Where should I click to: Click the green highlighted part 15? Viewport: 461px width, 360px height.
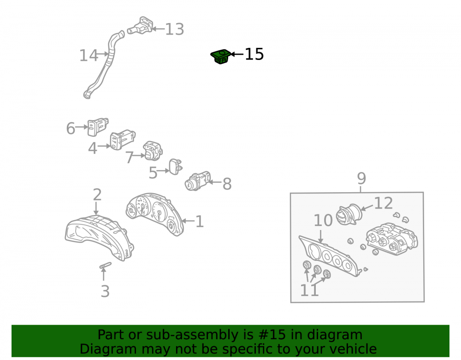click(x=220, y=56)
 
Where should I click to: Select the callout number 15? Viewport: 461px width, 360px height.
click(x=254, y=54)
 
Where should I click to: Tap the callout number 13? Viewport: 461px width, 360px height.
click(x=175, y=29)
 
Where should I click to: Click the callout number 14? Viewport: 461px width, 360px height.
click(x=89, y=55)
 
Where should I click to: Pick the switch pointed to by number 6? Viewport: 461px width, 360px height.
click(x=98, y=127)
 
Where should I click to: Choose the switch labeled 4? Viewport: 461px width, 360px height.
click(x=122, y=139)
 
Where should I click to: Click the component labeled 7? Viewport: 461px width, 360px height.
click(x=152, y=150)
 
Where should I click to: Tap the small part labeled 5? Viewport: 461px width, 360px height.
click(x=175, y=166)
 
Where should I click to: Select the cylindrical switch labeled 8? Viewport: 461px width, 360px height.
click(x=198, y=181)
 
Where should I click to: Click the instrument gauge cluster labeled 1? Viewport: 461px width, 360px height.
click(x=155, y=214)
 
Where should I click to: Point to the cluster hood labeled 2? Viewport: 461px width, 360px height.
click(x=99, y=237)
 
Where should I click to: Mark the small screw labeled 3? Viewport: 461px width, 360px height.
click(x=105, y=266)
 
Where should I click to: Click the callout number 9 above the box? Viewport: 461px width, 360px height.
click(x=361, y=178)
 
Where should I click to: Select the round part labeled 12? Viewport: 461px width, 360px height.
click(x=349, y=214)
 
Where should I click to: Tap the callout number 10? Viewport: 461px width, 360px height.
click(x=323, y=220)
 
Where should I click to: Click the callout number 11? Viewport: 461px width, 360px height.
click(x=309, y=290)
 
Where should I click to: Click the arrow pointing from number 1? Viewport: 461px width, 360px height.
click(x=188, y=221)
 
